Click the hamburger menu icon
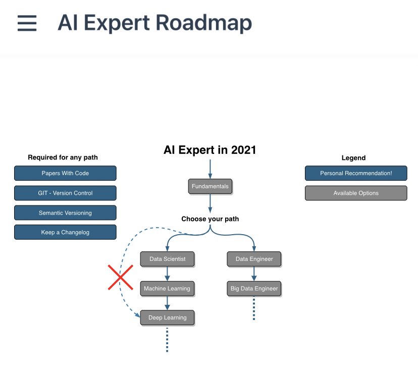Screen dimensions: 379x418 27,23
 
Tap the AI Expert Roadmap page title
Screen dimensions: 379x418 154,23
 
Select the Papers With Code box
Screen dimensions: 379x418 65,173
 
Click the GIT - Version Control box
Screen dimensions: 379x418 65,193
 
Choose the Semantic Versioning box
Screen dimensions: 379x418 65,212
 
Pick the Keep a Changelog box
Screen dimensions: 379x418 65,232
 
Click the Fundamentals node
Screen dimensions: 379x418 210,186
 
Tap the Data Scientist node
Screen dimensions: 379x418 167,259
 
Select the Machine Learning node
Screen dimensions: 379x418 167,289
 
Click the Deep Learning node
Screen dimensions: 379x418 167,317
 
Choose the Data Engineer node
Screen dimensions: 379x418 254,259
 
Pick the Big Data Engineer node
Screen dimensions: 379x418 254,289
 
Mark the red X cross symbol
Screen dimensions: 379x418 120,278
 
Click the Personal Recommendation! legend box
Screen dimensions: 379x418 356,173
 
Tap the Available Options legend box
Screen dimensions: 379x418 356,193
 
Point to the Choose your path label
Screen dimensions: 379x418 210,219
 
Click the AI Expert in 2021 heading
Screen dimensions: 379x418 210,150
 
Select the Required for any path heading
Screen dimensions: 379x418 63,157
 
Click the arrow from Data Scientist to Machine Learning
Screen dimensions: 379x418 167,274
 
